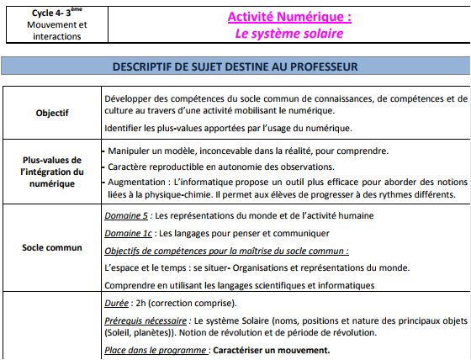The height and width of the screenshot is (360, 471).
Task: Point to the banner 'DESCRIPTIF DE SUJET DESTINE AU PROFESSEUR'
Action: click(x=235, y=66)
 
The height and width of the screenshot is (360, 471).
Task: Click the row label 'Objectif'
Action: click(x=53, y=111)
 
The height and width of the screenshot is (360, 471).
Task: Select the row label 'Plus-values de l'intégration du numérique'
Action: click(x=53, y=172)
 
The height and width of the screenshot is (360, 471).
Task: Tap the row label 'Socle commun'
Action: click(x=53, y=248)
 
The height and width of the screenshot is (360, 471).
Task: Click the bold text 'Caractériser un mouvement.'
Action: click(x=272, y=350)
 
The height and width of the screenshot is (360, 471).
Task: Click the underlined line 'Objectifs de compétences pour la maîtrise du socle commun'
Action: click(x=225, y=251)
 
